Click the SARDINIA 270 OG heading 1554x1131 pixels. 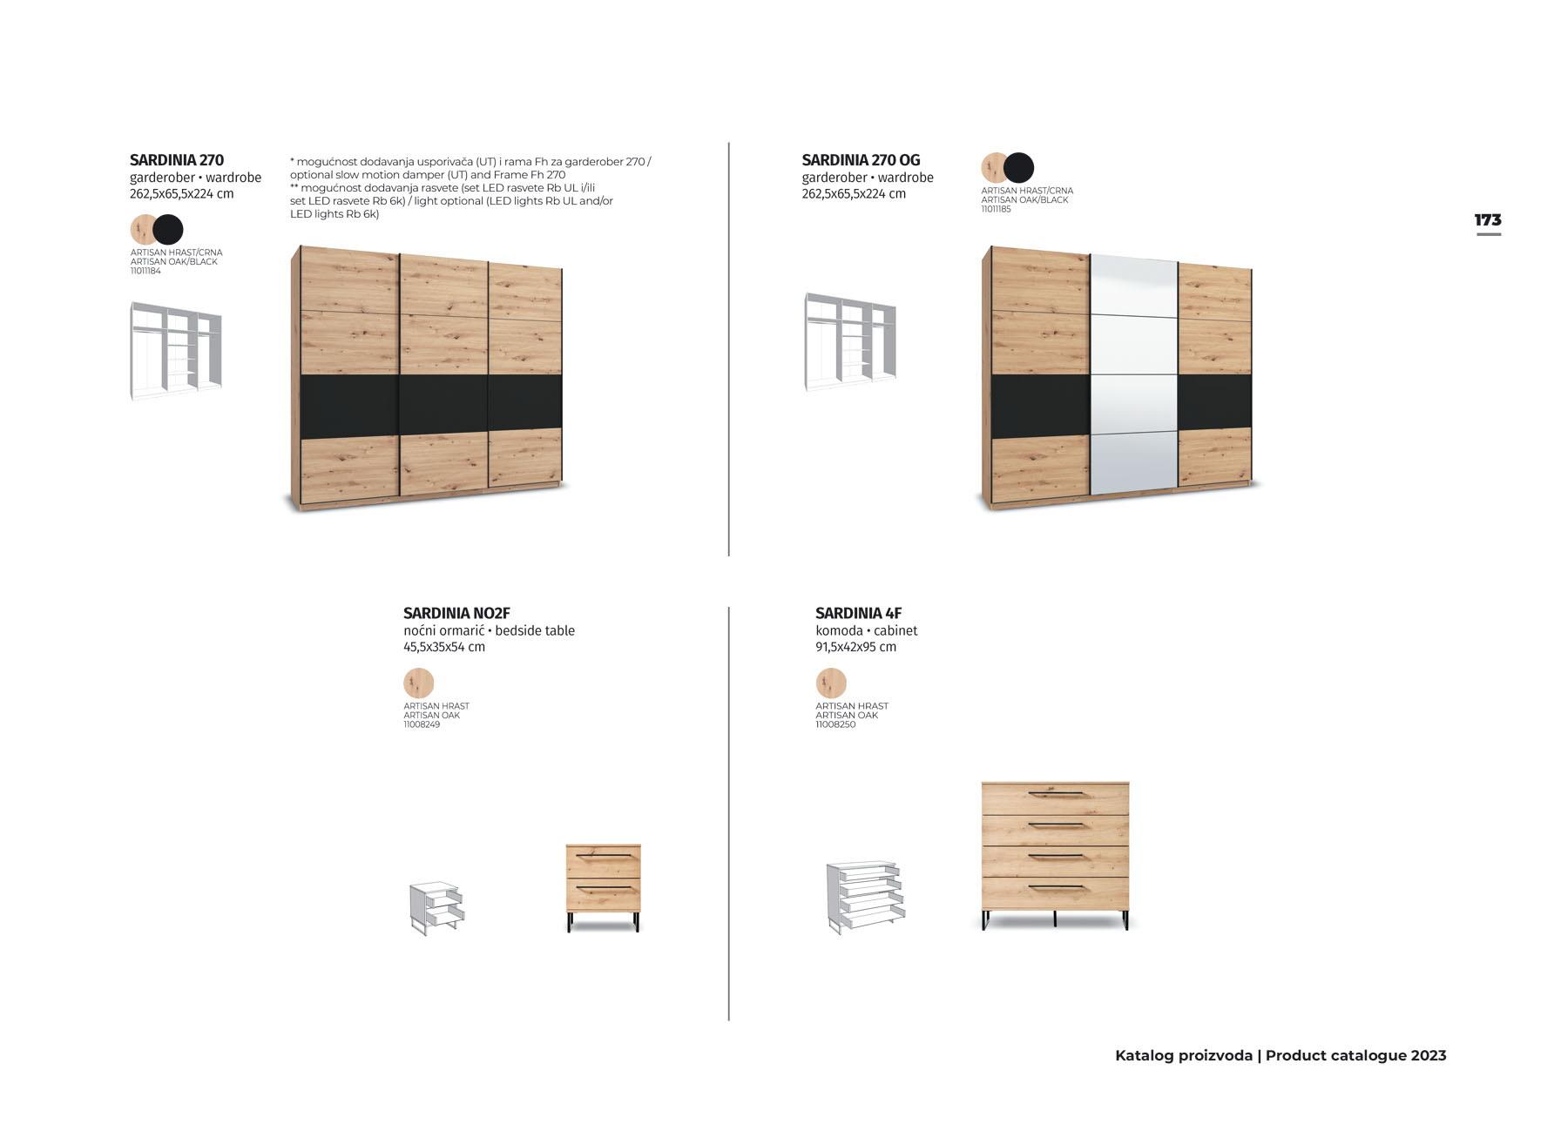coord(861,160)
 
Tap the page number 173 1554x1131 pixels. coord(1488,220)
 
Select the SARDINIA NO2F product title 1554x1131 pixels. coord(456,613)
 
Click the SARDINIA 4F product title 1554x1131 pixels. coord(858,613)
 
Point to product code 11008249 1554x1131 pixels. coord(422,724)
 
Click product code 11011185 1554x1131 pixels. coord(996,209)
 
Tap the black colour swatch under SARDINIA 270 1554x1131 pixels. coord(168,230)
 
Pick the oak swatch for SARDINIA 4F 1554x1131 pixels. coord(831,683)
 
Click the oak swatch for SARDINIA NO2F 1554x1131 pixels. coord(419,683)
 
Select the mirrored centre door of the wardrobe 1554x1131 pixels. coord(1133,374)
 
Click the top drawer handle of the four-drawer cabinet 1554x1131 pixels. coord(1055,794)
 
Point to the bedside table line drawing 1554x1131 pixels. coord(436,908)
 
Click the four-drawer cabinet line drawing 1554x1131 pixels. coord(864,898)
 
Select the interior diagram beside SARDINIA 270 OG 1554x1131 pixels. coord(849,341)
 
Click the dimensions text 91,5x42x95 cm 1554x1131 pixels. coord(855,647)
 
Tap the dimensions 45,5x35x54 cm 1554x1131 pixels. coord(444,647)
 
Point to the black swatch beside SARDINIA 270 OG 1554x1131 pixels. coord(1018,167)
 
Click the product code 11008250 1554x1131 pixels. coord(835,724)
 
